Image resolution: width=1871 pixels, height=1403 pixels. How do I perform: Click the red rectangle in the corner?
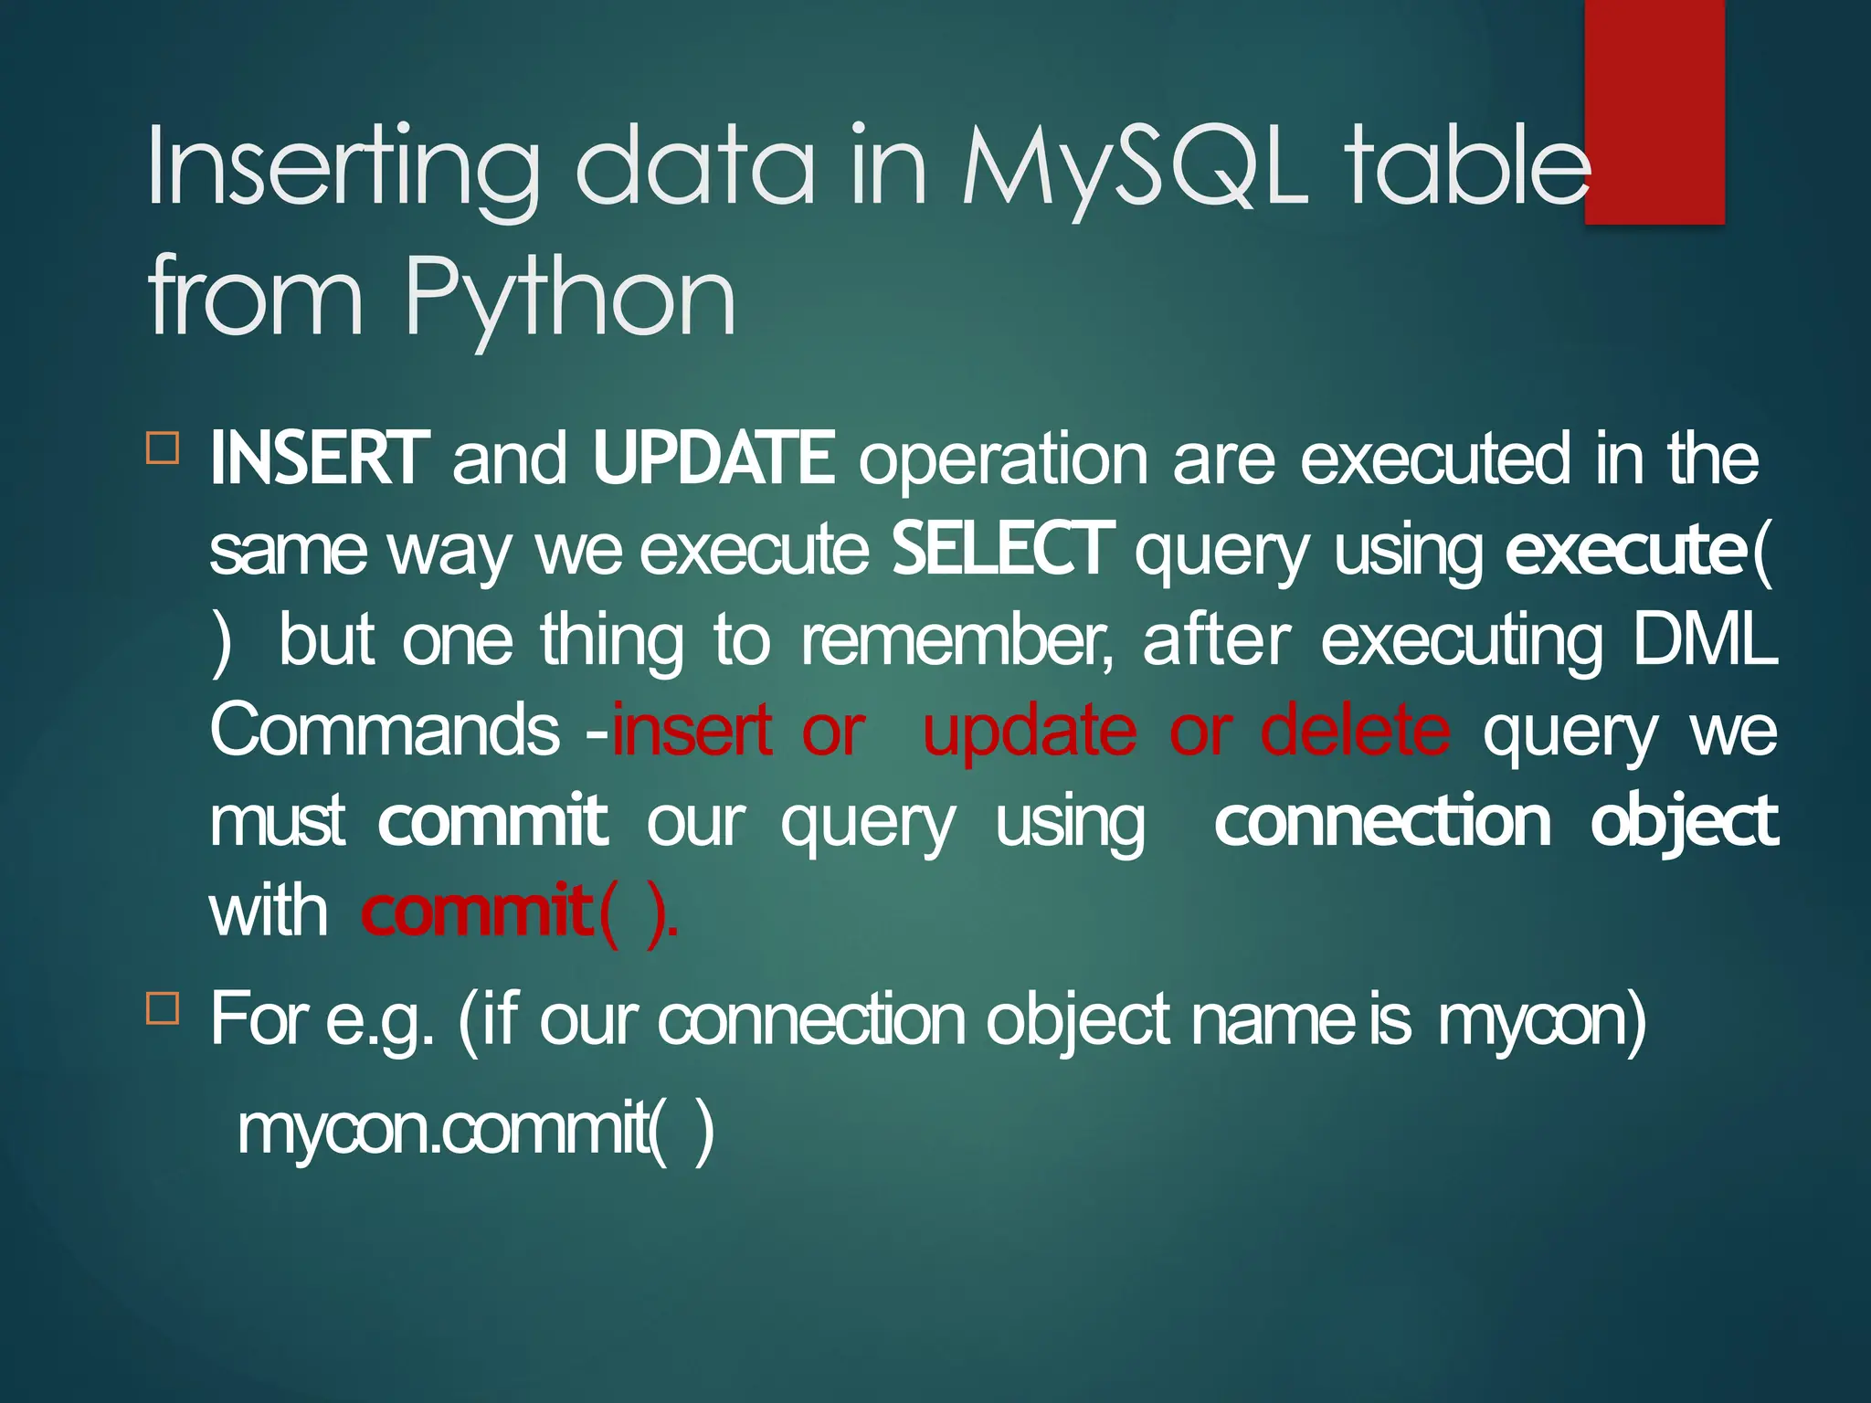[1654, 111]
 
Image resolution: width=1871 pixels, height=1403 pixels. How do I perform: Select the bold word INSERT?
[319, 458]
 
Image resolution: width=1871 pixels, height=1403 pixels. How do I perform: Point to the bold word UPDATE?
[713, 458]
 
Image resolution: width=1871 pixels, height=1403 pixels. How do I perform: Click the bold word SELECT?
[1002, 549]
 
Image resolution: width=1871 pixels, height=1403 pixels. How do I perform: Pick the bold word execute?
[1625, 549]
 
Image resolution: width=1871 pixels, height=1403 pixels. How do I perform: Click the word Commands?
[385, 730]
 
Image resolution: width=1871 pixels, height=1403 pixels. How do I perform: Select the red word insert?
[692, 730]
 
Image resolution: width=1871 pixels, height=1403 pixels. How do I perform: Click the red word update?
[1030, 730]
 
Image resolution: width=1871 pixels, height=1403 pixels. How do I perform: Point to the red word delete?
[1354, 730]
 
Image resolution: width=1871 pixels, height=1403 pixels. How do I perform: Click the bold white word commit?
[492, 820]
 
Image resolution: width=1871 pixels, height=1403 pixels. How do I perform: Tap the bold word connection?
[1382, 820]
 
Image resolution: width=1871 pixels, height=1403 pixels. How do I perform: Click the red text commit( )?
[519, 912]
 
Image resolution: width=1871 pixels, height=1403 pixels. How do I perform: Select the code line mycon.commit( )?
[475, 1130]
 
